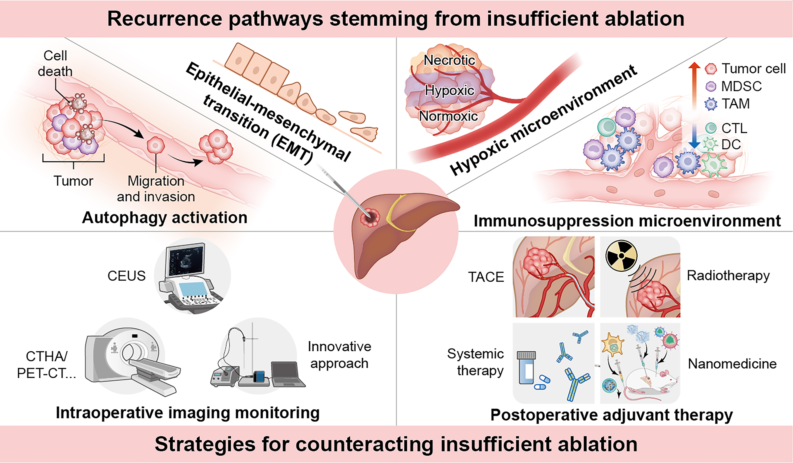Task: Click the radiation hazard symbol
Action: [x=621, y=255]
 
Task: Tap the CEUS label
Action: [x=127, y=276]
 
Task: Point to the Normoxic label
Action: [x=448, y=116]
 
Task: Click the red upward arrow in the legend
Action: [x=694, y=79]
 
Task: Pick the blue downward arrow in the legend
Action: [x=694, y=138]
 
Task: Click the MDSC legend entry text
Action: [x=741, y=86]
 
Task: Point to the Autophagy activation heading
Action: [x=165, y=218]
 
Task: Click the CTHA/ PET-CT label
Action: [x=46, y=365]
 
